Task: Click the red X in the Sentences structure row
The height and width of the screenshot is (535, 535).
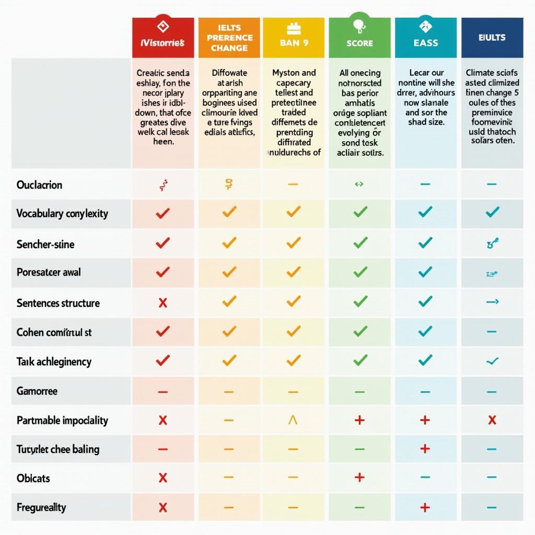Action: point(163,303)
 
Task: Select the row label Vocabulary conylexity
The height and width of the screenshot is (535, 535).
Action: point(62,213)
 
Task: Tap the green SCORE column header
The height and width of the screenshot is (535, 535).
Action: point(359,37)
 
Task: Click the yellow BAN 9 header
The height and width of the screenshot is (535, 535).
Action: point(294,37)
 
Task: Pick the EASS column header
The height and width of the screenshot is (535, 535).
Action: point(425,37)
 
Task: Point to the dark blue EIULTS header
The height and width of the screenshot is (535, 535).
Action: point(492,37)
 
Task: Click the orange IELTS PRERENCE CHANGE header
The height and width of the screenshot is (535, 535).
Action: point(229,37)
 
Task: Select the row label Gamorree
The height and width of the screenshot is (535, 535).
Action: point(37,391)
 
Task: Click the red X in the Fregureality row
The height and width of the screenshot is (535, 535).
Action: point(163,507)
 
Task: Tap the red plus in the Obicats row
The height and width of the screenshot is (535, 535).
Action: point(359,478)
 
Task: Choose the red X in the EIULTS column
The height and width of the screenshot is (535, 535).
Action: point(492,420)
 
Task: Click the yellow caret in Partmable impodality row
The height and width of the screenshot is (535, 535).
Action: point(293,420)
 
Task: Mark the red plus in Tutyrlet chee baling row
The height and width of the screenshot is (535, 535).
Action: point(425,449)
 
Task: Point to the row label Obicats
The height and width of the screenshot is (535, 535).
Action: point(33,478)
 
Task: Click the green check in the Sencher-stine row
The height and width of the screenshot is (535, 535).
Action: point(360,242)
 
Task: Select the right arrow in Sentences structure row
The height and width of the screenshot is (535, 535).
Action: point(492,301)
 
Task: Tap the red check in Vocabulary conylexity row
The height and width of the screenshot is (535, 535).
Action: point(163,213)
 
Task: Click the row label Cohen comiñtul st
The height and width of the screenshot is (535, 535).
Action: point(54,332)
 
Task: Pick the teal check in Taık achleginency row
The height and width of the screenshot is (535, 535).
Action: point(426,359)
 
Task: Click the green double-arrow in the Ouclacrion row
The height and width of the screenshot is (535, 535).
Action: point(359,184)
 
